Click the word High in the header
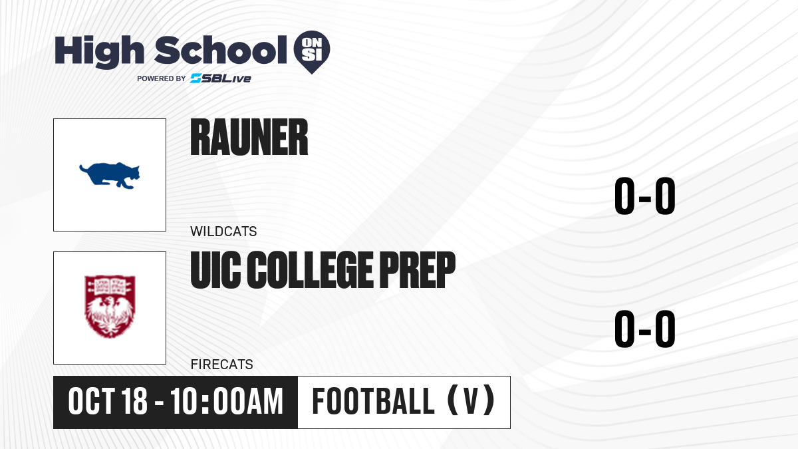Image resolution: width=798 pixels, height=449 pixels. (99, 51)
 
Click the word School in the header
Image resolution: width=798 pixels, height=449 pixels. (221, 50)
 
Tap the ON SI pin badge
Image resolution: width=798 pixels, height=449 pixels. (312, 52)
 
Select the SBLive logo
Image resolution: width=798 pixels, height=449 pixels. (221, 78)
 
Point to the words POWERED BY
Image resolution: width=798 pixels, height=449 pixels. (162, 78)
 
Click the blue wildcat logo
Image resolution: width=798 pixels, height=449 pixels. (109, 176)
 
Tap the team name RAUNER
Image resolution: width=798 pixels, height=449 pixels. (249, 137)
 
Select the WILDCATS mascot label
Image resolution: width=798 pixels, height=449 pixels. (223, 231)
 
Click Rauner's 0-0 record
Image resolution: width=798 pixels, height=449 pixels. (645, 196)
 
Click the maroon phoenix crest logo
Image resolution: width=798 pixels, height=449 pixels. (110, 307)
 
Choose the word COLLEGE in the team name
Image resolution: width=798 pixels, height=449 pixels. (311, 270)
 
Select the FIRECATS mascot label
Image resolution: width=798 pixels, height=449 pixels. (221, 365)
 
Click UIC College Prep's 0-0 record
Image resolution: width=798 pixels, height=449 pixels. (645, 329)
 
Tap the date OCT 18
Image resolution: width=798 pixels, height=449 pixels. (108, 401)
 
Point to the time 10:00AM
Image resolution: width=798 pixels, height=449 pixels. (227, 401)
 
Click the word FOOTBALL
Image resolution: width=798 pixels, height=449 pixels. (373, 401)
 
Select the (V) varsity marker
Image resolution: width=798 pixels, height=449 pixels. (471, 400)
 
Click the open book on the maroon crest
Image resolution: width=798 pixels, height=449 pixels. (110, 285)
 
